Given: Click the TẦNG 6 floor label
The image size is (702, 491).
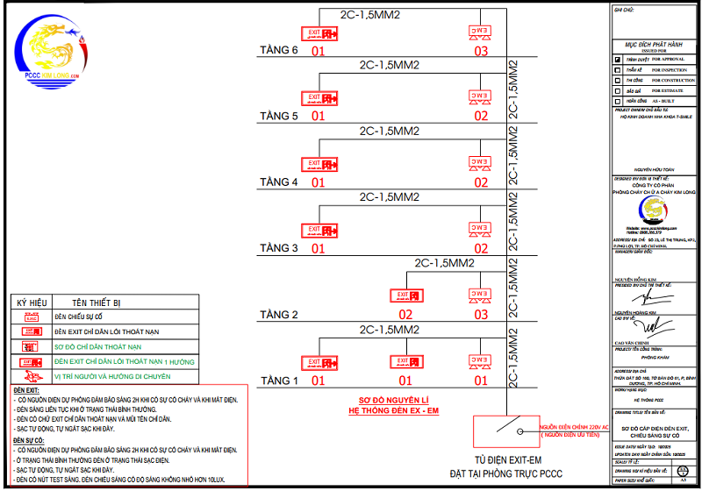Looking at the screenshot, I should coord(279,50).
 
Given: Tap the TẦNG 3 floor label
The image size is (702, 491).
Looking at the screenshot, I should coord(279,248).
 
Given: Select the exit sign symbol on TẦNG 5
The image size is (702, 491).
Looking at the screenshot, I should coord(319,99).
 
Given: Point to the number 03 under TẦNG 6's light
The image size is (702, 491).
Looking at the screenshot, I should coord(481,51).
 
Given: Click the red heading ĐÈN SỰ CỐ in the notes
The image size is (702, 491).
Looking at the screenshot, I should coord(29,442).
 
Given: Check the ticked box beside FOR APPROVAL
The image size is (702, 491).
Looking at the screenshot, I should coord(619,59).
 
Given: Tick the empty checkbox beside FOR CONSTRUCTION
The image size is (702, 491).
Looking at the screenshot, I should coord(619,80).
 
